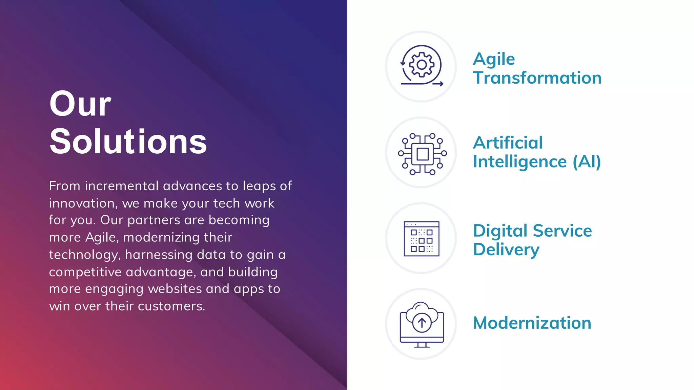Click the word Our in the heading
coord(80,104)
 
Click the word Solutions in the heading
coord(128,142)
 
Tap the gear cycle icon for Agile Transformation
coord(421,65)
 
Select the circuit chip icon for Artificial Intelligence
coord(422,154)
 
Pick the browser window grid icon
coord(422,239)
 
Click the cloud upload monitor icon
coord(422,324)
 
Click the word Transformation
coord(537,78)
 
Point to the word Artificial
coord(508,143)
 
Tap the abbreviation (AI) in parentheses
coord(587,161)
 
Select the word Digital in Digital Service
coord(500,231)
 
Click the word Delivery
coord(506,250)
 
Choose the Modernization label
coord(532,323)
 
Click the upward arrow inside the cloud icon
coord(422,323)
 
